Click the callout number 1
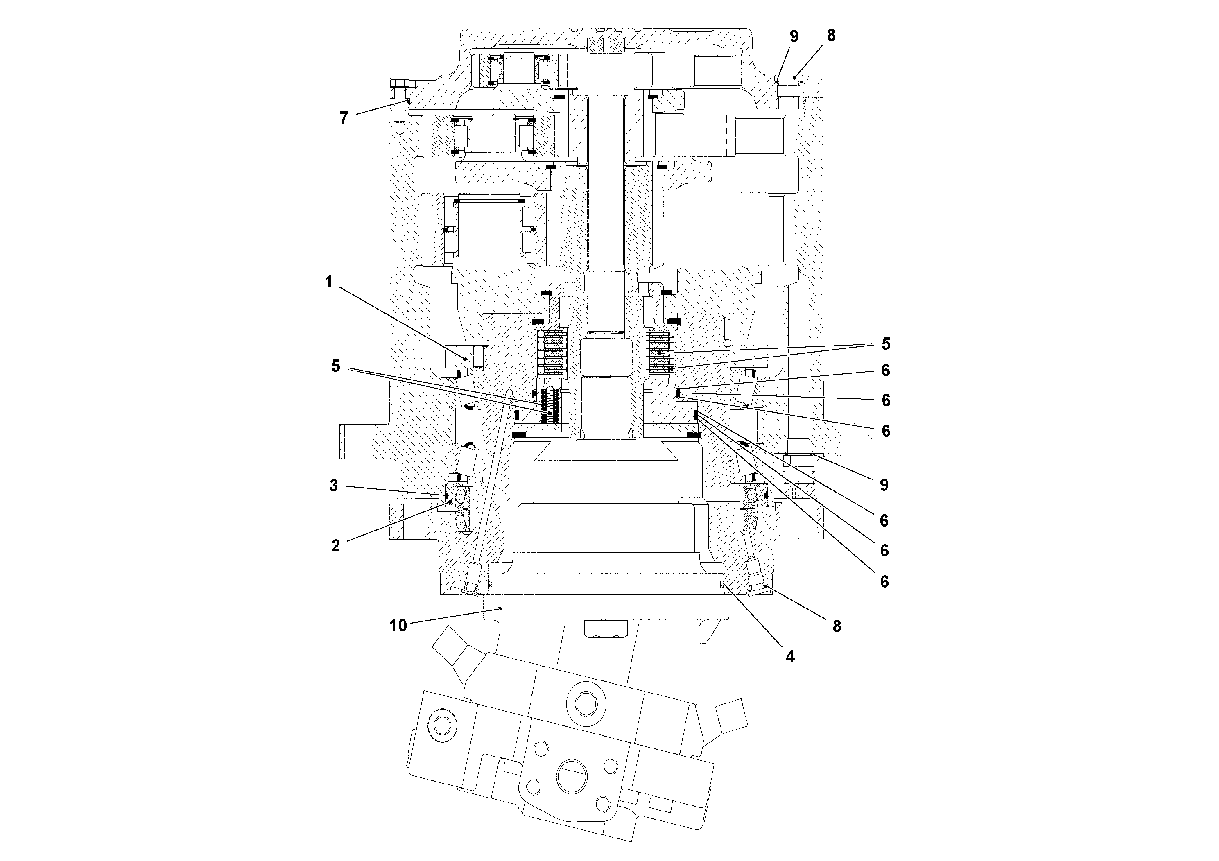pyautogui.click(x=329, y=282)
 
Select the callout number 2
pyautogui.click(x=335, y=545)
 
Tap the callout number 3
pyautogui.click(x=333, y=485)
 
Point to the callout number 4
pyautogui.click(x=790, y=657)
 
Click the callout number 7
pyautogui.click(x=344, y=118)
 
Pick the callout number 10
pyautogui.click(x=398, y=625)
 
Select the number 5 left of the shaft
pyautogui.click(x=335, y=366)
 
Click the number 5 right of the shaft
pyautogui.click(x=886, y=344)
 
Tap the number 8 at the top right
pyautogui.click(x=831, y=35)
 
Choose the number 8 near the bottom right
pyautogui.click(x=837, y=626)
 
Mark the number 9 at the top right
pyautogui.click(x=794, y=36)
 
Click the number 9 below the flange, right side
pyautogui.click(x=884, y=485)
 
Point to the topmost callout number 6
pyautogui.click(x=886, y=371)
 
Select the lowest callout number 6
pyautogui.click(x=884, y=582)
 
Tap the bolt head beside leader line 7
pyautogui.click(x=401, y=84)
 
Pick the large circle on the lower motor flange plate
pyautogui.click(x=571, y=776)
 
